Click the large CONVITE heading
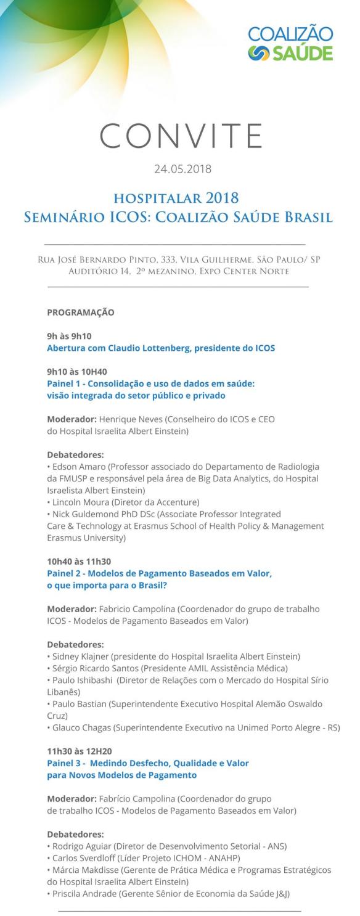pyautogui.click(x=180, y=135)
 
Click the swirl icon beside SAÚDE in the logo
pyautogui.click(x=257, y=53)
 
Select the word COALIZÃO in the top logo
pyautogui.click(x=290, y=35)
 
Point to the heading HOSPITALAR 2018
pyautogui.click(x=176, y=198)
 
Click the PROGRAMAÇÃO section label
pyautogui.click(x=80, y=313)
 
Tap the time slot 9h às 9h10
pyautogui.click(x=69, y=336)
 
